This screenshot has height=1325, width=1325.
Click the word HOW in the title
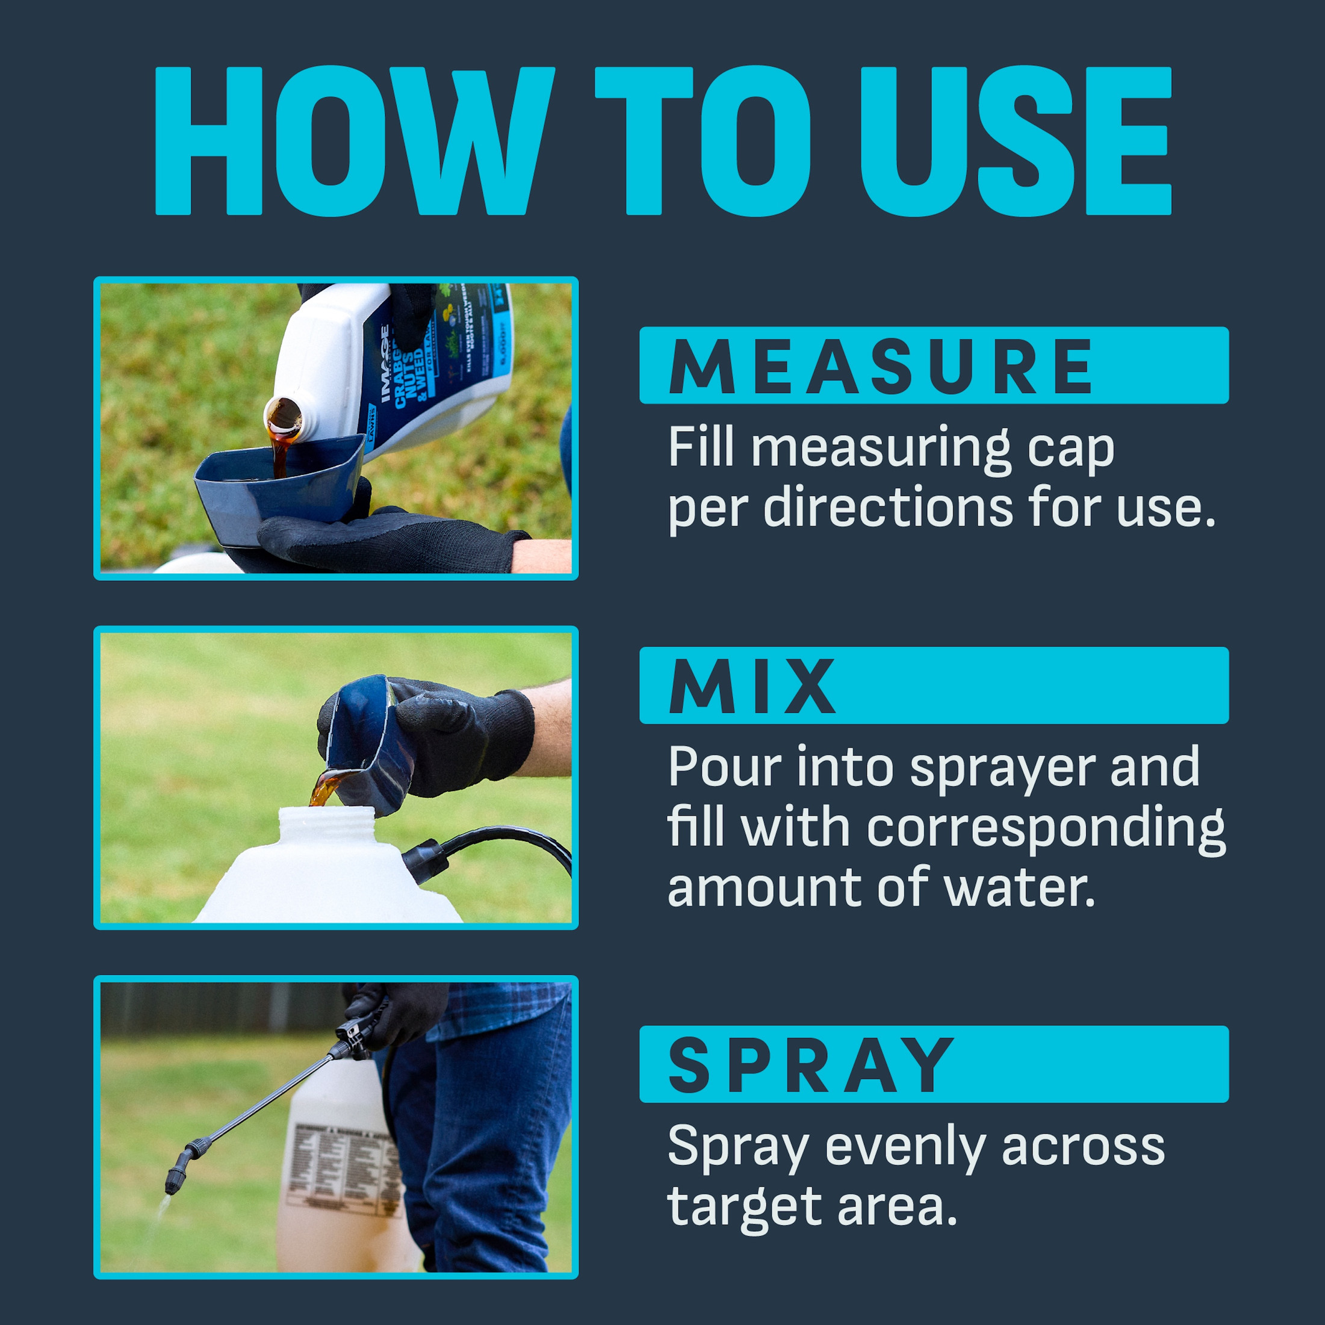click(x=353, y=141)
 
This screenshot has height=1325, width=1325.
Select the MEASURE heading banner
click(x=932, y=365)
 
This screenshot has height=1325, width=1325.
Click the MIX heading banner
click(x=932, y=686)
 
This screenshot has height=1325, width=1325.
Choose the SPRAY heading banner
click(x=932, y=1064)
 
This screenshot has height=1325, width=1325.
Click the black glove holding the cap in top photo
click(x=384, y=542)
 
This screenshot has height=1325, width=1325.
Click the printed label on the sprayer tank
click(x=343, y=1166)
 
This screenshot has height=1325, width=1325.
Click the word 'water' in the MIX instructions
click(x=1020, y=888)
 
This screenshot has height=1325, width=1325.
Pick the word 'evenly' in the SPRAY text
click(x=905, y=1146)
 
